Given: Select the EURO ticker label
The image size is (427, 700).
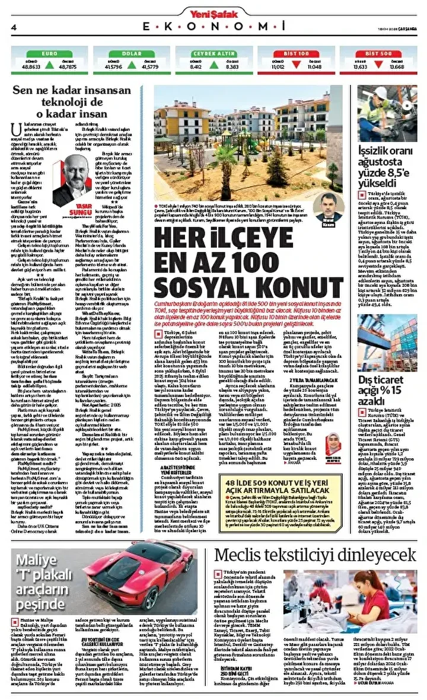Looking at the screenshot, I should [49, 53].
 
